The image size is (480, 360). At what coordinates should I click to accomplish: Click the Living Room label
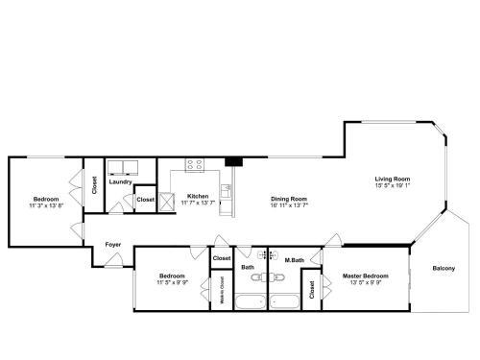pos(393,179)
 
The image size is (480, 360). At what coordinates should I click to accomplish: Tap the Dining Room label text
pos(289,198)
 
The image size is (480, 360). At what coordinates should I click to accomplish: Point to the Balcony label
pos(444,268)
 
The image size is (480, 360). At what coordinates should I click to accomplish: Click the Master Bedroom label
pos(366,276)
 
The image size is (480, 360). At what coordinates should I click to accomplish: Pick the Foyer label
pos(112,245)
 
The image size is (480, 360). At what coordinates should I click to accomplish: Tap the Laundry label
pos(120,181)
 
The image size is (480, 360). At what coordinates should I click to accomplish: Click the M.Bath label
pos(295,260)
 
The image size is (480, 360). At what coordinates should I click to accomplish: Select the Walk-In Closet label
pos(222,290)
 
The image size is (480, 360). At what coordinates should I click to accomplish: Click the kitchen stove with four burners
pos(194,164)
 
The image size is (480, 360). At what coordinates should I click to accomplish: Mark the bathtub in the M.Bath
pos(286,302)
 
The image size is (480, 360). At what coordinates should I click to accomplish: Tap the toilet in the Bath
pos(255,277)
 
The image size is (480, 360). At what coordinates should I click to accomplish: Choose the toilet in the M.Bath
pos(279,277)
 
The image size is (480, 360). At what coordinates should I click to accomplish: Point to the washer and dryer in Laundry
pos(120,165)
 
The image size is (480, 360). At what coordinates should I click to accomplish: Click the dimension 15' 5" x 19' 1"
pos(393,185)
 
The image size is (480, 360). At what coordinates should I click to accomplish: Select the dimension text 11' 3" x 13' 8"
pos(46,205)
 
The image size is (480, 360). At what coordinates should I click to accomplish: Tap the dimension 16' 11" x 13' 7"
pos(289,204)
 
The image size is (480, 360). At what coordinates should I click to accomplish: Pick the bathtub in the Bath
pos(252,302)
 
